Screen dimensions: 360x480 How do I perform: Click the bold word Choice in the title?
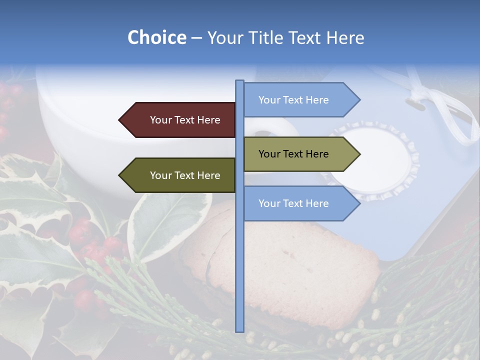click(156, 37)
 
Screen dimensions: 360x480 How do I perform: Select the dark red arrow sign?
click(180, 120)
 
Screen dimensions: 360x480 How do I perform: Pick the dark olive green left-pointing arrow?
click(180, 175)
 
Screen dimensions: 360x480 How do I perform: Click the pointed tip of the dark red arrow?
click(120, 120)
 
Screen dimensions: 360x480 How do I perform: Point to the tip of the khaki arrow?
click(359, 154)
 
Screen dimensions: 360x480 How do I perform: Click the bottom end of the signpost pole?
click(240, 330)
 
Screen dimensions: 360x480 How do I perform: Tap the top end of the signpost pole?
click(240, 81)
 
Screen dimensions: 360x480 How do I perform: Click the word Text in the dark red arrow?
click(185, 120)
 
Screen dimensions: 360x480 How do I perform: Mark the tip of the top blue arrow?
click(359, 100)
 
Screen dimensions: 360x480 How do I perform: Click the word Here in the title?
click(345, 37)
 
